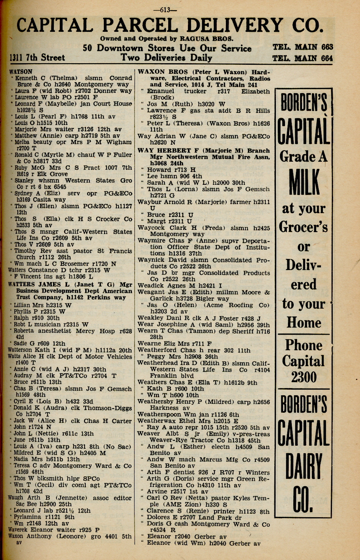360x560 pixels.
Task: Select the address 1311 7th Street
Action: coord(37,58)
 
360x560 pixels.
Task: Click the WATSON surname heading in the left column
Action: coord(21,71)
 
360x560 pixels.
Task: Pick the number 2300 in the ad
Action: coord(304,377)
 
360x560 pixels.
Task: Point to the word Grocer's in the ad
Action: coord(304,227)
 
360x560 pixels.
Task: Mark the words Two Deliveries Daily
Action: coord(166,58)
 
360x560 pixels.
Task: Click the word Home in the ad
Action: coord(304,323)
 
